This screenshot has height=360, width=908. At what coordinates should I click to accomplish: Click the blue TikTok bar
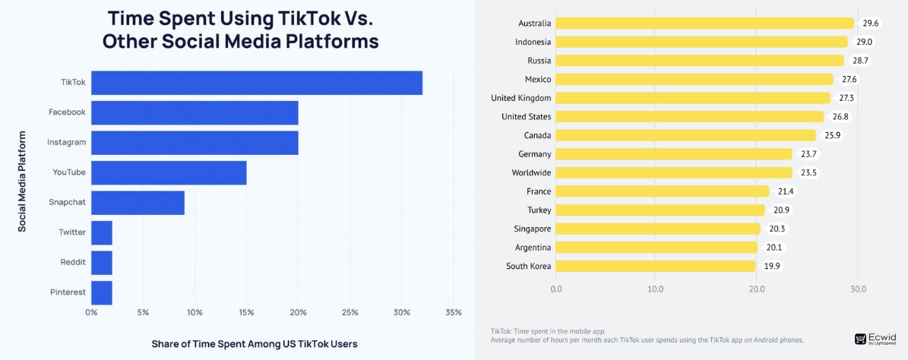[257, 83]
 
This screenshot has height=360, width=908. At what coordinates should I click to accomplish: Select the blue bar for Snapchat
[138, 203]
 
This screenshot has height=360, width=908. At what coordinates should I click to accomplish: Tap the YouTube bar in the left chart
[169, 172]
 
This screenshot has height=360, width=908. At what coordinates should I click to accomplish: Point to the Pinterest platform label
[68, 292]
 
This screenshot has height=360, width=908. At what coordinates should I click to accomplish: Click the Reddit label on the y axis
[73, 262]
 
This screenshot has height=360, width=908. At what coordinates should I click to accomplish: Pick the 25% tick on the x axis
[350, 312]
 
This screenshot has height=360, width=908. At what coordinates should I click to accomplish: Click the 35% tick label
[453, 312]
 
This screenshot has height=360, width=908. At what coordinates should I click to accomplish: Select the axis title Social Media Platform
[23, 181]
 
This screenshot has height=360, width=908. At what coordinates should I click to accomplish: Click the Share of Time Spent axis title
[255, 343]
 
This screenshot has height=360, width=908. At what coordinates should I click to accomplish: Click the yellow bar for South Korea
[656, 266]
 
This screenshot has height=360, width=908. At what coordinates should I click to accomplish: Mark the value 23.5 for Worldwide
[808, 172]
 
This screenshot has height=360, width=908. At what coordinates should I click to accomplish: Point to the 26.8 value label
[840, 116]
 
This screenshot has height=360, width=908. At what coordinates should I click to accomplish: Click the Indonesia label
[533, 42]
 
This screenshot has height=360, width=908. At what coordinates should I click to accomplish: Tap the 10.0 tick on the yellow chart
[656, 289]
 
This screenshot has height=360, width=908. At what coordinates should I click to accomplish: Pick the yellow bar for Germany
[674, 154]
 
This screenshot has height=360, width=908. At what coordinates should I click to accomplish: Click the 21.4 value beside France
[785, 191]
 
